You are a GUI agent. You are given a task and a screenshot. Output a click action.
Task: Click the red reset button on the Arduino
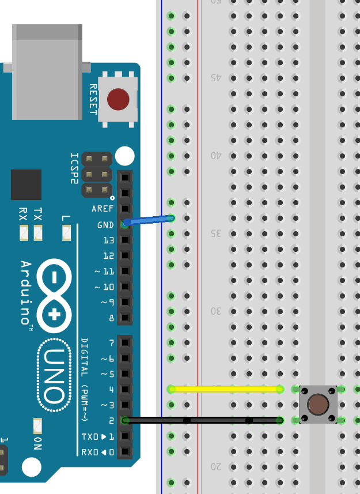coord(118,99)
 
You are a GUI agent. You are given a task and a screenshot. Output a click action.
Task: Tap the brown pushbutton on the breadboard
coord(317,404)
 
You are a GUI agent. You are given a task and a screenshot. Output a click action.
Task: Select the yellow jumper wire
coord(225,389)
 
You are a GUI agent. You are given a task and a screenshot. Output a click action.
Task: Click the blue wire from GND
coord(149,220)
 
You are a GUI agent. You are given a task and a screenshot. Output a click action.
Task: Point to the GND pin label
coord(105,225)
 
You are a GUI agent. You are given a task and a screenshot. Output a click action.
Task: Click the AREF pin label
coord(103,209)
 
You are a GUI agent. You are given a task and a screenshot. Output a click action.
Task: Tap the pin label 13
coord(108,240)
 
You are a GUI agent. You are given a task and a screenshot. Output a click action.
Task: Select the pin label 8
coord(111,318)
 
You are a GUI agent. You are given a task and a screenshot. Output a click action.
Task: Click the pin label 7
coord(111,343)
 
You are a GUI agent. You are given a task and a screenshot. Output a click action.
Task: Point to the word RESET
coord(93,99)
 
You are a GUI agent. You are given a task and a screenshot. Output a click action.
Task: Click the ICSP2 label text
coord(74,168)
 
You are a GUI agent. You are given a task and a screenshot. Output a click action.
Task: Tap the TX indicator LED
coord(38,233)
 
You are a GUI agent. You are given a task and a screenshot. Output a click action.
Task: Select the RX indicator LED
coord(24,233)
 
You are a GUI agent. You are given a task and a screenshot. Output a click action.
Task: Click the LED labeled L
coord(66,233)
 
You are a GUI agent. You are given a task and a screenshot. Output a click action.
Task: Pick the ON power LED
coord(38,426)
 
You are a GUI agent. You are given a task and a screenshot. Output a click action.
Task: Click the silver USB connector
coord(47,71)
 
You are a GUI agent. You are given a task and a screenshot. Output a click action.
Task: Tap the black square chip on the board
coord(26,184)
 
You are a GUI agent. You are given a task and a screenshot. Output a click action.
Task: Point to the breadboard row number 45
coord(216,77)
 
